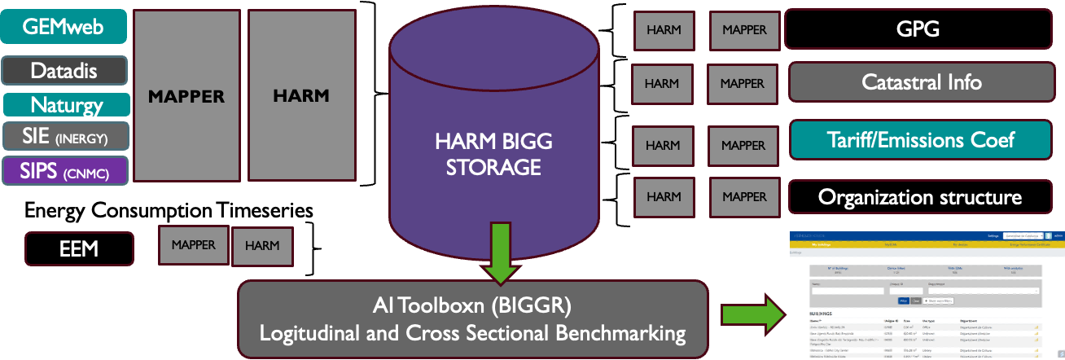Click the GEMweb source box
click(64, 27)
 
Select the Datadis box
click(64, 71)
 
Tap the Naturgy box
click(66, 105)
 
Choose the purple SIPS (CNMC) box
click(64, 170)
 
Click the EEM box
click(79, 248)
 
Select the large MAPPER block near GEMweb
click(186, 96)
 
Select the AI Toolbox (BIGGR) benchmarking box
click(472, 318)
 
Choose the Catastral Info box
click(921, 82)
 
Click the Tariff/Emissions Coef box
click(921, 139)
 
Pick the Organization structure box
click(919, 197)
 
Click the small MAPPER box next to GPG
click(743, 30)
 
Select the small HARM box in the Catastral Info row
click(661, 83)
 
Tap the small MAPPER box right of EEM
click(193, 244)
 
